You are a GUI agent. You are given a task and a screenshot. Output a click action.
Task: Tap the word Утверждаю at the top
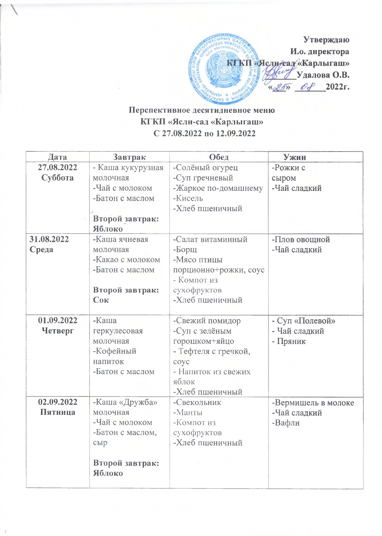[326, 40]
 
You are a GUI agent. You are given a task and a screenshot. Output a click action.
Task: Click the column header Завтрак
[129, 157]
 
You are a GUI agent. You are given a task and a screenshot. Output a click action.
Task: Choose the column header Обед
[219, 157]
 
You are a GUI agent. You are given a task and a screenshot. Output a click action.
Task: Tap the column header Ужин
[294, 157]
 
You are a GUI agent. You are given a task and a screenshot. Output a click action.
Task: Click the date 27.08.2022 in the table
[57, 167]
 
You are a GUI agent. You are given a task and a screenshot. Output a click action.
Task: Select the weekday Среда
[41, 250]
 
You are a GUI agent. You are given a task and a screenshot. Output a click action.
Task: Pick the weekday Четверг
[57, 331]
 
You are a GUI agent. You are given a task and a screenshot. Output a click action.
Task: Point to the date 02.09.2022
[57, 402]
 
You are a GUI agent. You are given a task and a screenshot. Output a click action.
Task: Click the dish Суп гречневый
[203, 178]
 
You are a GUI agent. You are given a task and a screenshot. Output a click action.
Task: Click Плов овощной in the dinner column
[301, 240]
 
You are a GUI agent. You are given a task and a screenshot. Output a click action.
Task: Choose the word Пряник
[290, 342]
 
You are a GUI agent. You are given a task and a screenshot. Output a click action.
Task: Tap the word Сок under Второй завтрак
[101, 300]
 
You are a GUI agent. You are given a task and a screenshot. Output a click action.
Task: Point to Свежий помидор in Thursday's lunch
[207, 321]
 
